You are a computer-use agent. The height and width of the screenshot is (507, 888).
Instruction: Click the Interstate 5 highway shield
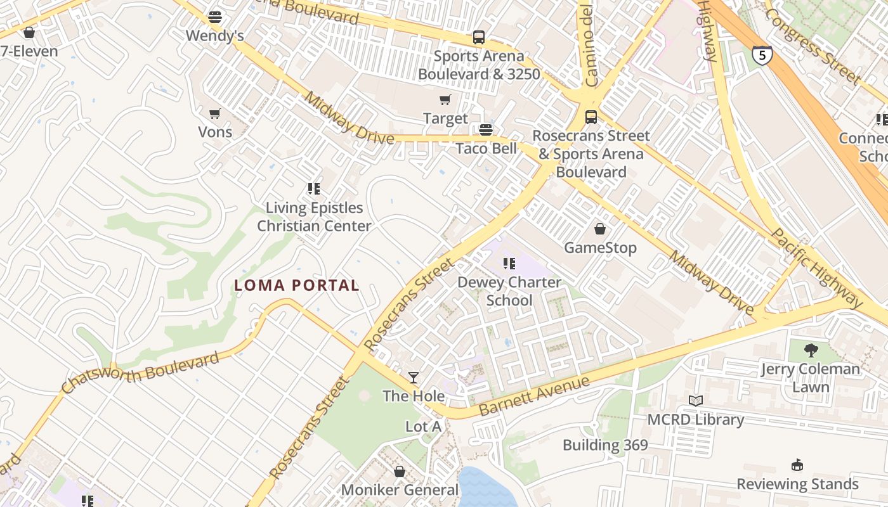[x=762, y=55]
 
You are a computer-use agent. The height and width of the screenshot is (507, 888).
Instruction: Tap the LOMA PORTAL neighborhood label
[x=297, y=286]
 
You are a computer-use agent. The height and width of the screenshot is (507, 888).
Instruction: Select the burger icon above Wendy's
[x=215, y=17]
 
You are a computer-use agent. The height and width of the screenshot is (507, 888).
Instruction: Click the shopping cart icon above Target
[x=445, y=99]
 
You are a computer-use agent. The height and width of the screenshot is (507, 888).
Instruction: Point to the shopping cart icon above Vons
[x=215, y=114]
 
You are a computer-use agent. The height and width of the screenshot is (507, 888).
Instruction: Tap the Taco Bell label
[x=486, y=148]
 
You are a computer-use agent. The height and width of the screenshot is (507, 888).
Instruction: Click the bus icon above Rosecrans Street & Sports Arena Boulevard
[x=591, y=117]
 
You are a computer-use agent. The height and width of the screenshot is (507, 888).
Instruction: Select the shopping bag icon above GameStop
[x=600, y=229]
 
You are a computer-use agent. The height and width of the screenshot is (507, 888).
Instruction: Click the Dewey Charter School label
[x=509, y=291]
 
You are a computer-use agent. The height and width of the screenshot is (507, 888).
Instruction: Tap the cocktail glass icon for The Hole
[x=414, y=378]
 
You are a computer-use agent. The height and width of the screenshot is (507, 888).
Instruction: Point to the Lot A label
[x=423, y=427]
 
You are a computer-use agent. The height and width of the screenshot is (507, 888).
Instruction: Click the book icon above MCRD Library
[x=696, y=401]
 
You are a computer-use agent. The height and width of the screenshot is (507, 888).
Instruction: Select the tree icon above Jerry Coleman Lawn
[x=811, y=350]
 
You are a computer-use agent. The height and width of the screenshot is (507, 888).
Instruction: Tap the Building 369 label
[x=605, y=445]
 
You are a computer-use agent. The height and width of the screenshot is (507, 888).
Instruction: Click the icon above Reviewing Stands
[x=797, y=465]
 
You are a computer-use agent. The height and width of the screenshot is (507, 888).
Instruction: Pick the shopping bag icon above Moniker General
[x=400, y=472]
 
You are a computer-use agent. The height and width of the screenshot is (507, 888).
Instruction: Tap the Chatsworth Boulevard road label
[x=141, y=371]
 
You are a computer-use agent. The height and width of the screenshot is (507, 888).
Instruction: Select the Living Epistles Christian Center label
[x=314, y=217]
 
